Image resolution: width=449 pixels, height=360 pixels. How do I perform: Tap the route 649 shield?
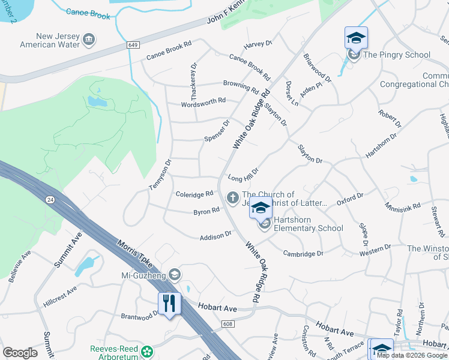click(x=133, y=46)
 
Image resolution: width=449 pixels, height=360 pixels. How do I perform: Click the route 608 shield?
click(x=228, y=325)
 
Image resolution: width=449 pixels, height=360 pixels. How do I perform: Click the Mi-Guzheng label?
click(x=142, y=275)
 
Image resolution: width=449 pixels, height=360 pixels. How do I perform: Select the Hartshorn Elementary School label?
click(x=308, y=224)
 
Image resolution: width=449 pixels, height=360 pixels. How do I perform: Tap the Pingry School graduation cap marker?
click(x=356, y=39)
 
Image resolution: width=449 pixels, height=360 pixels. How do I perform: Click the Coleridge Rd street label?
click(x=194, y=194)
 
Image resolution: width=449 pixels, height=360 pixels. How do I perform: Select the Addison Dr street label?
click(x=215, y=236)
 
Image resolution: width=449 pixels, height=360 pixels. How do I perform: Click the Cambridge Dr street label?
click(x=303, y=254)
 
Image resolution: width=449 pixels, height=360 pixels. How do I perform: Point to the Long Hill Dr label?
click(x=243, y=175)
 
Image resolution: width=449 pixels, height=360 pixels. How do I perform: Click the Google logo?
click(x=20, y=352)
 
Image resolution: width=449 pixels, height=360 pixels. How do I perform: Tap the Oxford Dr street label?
click(x=350, y=199)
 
